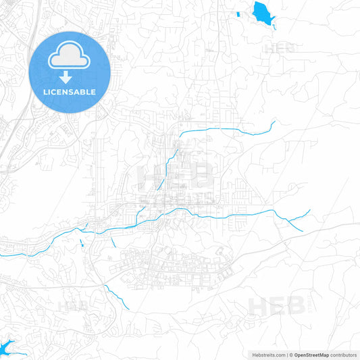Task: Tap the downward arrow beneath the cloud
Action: (70, 76)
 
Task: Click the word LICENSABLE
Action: (70, 92)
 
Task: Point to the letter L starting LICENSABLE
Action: (45, 92)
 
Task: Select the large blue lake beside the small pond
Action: (261, 12)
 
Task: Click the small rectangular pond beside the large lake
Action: (238, 14)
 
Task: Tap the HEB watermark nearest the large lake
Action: (279, 48)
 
